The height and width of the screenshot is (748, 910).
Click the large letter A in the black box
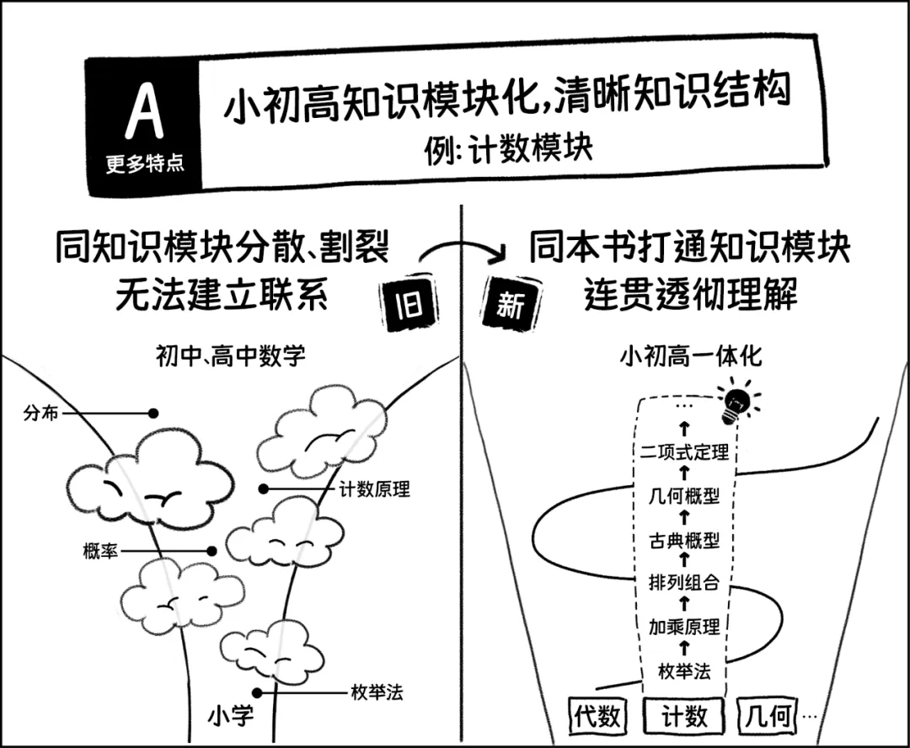tap(145, 110)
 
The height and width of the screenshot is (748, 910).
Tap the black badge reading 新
tap(510, 304)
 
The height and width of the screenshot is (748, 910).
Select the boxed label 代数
tap(597, 716)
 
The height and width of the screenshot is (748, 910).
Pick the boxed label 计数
tap(684, 716)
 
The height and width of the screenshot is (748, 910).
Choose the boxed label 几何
tap(768, 714)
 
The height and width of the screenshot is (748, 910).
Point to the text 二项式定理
tap(685, 451)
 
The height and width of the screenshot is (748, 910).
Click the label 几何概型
tap(684, 496)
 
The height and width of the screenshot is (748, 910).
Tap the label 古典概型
tap(684, 540)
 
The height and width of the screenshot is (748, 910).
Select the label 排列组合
tap(684, 581)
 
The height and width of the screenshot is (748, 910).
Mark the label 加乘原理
tap(684, 627)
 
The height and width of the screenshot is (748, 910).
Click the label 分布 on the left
tap(41, 414)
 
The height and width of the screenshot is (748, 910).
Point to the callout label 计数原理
tap(374, 489)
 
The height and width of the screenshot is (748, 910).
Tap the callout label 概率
tap(100, 551)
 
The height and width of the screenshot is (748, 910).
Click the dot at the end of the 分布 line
tap(153, 414)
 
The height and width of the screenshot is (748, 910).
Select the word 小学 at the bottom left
tap(230, 715)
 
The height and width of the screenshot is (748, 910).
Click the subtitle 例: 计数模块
tap(508, 149)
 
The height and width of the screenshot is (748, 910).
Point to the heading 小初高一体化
tap(691, 355)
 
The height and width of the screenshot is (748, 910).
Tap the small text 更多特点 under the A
tap(145, 163)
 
